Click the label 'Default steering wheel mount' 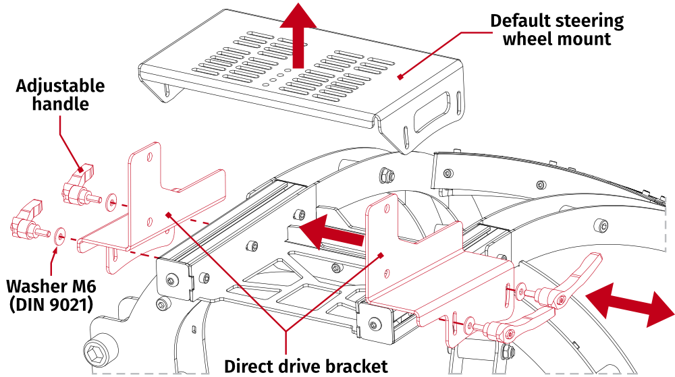[557, 30]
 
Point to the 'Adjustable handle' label [61, 95]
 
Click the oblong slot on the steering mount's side [431, 111]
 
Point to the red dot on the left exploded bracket [168, 215]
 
